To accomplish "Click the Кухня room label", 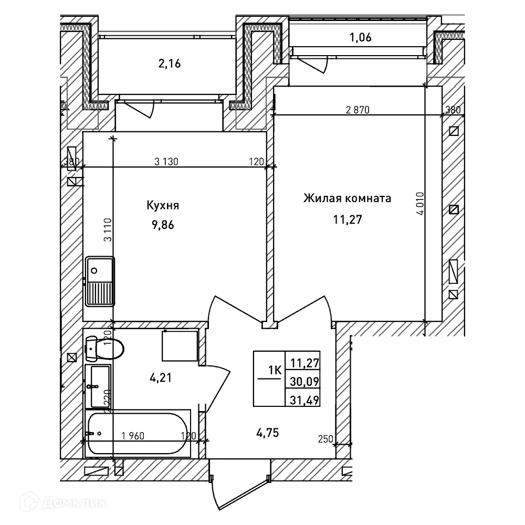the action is click(x=163, y=205).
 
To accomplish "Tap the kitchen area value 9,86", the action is click(x=163, y=225).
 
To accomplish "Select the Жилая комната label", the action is click(x=347, y=198).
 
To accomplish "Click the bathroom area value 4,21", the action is click(x=161, y=377).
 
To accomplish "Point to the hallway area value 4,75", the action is click(x=268, y=433).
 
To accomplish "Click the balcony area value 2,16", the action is click(x=170, y=64).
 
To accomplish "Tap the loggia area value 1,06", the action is click(x=361, y=37).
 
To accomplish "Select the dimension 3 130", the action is click(x=166, y=162).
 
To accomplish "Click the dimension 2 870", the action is click(x=358, y=110).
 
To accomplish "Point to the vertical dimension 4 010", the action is click(x=420, y=203).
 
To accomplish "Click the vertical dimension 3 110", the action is click(x=108, y=230).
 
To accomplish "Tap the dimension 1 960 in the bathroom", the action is click(x=133, y=436).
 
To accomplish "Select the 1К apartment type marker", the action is click(x=275, y=370).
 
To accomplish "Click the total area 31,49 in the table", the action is click(x=304, y=400).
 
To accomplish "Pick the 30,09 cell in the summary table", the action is click(x=304, y=381).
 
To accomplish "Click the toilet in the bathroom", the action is click(x=104, y=348).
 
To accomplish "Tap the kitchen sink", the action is click(x=100, y=281).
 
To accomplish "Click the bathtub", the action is click(x=138, y=433).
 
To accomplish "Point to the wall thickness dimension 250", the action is click(x=325, y=439).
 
